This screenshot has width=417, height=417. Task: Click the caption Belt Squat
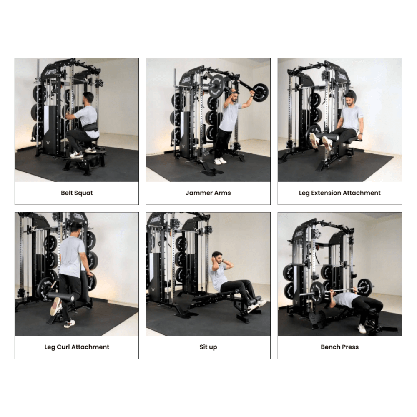tap(77, 193)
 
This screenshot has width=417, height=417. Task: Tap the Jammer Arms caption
tap(208, 193)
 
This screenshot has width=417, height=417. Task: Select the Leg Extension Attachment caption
tap(339, 193)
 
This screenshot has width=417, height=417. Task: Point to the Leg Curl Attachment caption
tap(77, 347)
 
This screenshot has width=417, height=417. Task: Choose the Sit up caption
tap(208, 347)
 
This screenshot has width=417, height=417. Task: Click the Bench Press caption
tap(339, 347)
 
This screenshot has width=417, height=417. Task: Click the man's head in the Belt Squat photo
tap(88, 98)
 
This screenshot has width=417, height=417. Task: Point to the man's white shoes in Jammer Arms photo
tap(220, 161)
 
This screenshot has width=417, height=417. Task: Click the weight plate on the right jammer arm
tap(261, 91)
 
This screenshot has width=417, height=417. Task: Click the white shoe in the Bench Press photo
tap(362, 329)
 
